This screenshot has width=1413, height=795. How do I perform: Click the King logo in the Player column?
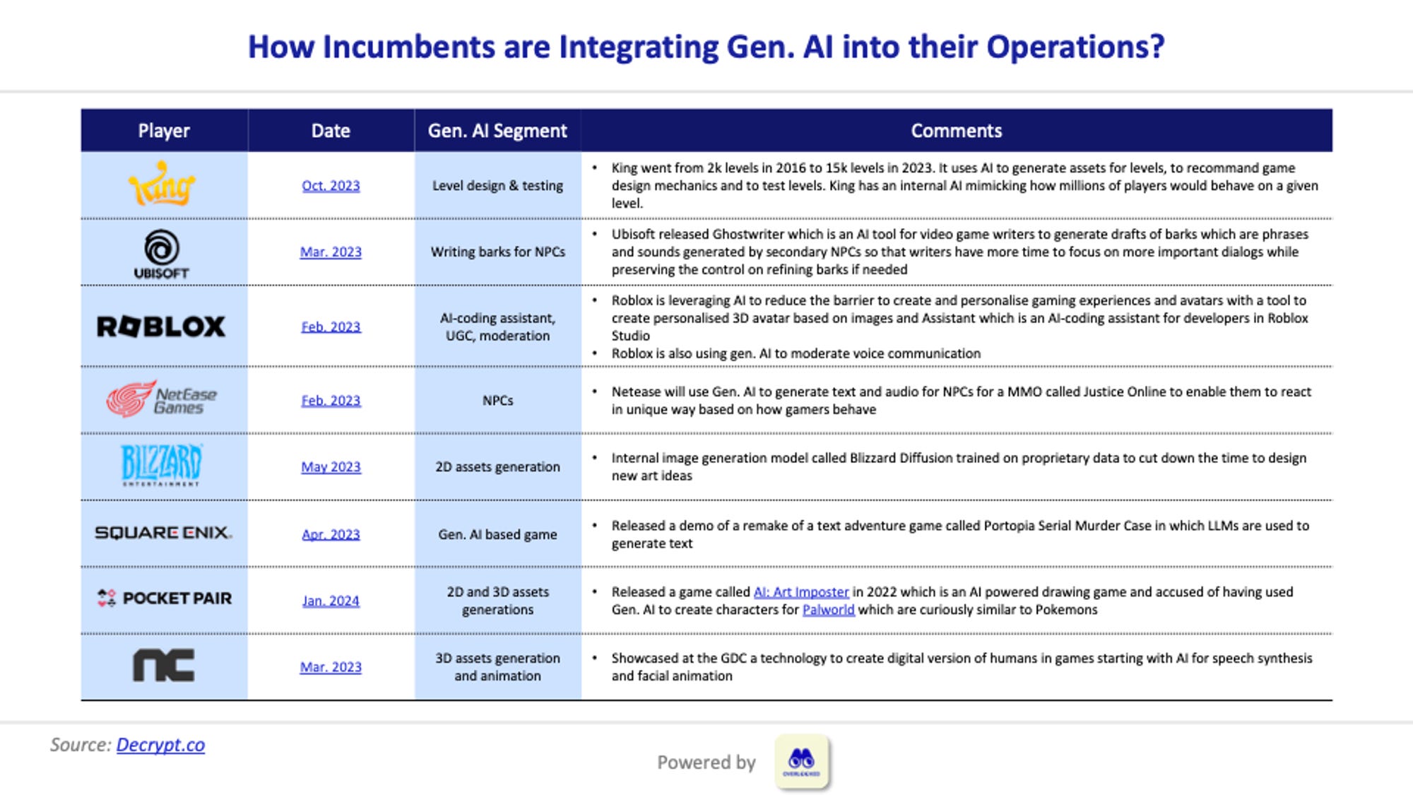pyautogui.click(x=162, y=184)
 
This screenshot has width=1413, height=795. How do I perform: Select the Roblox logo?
pyautogui.click(x=162, y=326)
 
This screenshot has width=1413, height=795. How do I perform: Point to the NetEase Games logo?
pyautogui.click(x=162, y=400)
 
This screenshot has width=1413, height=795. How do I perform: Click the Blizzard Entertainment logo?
pyautogui.click(x=162, y=465)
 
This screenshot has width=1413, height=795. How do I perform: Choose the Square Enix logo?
pyautogui.click(x=163, y=533)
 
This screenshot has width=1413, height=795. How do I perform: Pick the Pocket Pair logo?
pyautogui.click(x=164, y=599)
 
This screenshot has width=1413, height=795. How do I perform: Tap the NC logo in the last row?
pyautogui.click(x=163, y=666)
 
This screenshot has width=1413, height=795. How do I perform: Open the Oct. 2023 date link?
pyautogui.click(x=331, y=186)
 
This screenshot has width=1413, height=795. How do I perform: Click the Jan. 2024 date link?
pyautogui.click(x=331, y=601)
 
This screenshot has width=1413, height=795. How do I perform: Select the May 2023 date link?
pyautogui.click(x=331, y=467)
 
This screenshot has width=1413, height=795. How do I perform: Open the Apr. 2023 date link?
pyautogui.click(x=331, y=534)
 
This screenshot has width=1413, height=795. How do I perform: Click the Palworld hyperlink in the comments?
pyautogui.click(x=828, y=610)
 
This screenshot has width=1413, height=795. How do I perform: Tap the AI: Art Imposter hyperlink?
pyautogui.click(x=801, y=592)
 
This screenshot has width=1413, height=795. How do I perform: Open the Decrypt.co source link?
pyautogui.click(x=160, y=745)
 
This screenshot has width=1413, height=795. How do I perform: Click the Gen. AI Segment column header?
pyautogui.click(x=497, y=131)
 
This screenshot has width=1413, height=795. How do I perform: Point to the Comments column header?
pyautogui.click(x=956, y=131)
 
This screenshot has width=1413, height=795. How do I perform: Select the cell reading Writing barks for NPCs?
pyautogui.click(x=497, y=252)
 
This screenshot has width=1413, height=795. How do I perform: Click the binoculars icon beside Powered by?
pyautogui.click(x=801, y=761)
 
